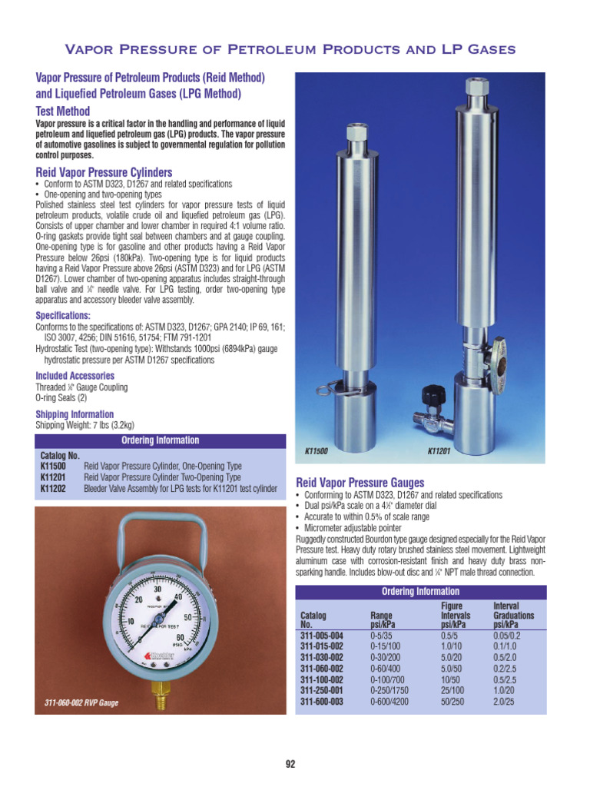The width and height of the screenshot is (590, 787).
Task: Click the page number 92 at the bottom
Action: (x=290, y=764)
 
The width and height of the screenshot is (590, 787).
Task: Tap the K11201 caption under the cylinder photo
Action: (x=438, y=451)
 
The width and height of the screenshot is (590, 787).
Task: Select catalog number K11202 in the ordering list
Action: (x=53, y=488)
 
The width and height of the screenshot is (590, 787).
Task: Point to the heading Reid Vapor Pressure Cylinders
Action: (x=104, y=172)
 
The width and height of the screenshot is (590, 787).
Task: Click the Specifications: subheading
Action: (x=63, y=316)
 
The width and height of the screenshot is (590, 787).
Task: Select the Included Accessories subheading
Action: (x=75, y=376)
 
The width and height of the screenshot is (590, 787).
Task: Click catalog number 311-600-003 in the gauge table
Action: (x=321, y=701)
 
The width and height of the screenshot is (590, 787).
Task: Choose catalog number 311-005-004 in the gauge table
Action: (x=321, y=636)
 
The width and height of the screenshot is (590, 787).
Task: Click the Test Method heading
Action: (x=63, y=111)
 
